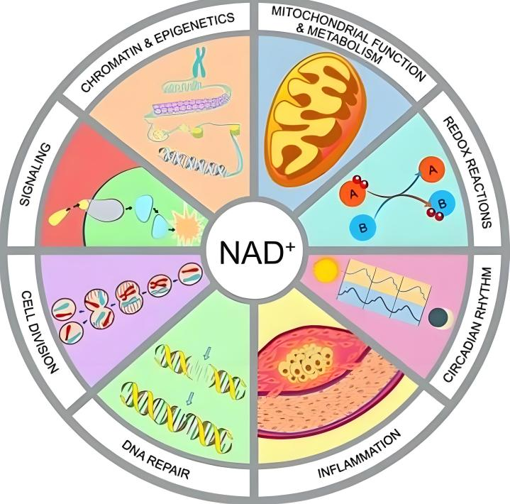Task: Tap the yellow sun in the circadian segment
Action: pos(327,270)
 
